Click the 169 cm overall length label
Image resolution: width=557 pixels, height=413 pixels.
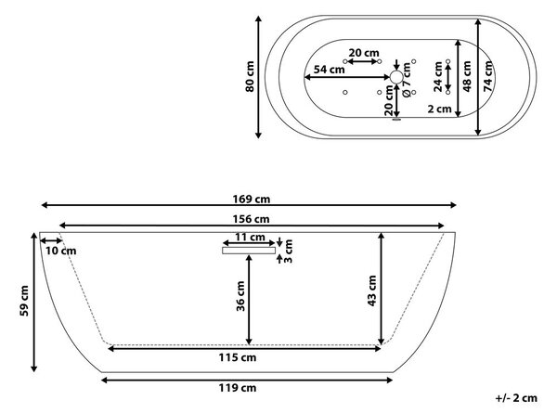[252, 200]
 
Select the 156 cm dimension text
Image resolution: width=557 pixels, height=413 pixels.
[252, 219]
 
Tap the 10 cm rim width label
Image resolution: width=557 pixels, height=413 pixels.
[60, 251]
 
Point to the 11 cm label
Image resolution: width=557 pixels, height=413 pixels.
[250, 237]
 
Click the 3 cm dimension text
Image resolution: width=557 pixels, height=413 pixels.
[288, 251]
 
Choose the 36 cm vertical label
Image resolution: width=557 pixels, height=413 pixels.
[240, 296]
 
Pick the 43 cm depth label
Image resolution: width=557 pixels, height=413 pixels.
[371, 290]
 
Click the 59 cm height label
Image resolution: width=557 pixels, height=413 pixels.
[24, 301]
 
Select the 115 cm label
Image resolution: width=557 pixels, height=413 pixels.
[238, 357]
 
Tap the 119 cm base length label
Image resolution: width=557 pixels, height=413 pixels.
[238, 388]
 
